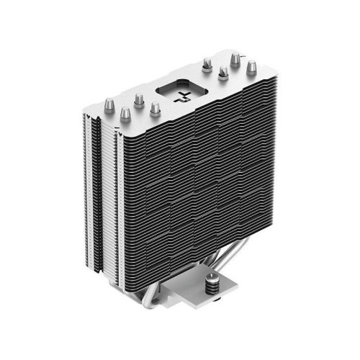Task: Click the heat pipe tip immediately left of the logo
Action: (153, 108)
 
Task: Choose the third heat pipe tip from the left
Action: (139, 96)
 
